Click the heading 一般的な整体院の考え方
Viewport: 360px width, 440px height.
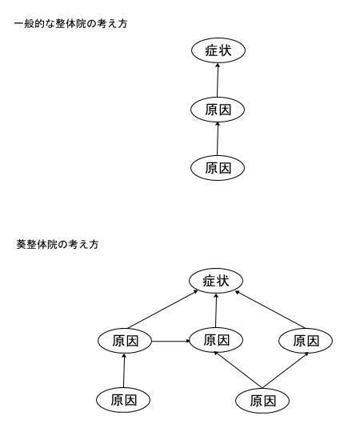click(x=70, y=23)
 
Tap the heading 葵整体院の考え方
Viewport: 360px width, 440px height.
click(x=58, y=244)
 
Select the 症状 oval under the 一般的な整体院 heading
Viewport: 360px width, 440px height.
click(x=218, y=50)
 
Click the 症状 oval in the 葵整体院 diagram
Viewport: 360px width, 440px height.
click(x=216, y=281)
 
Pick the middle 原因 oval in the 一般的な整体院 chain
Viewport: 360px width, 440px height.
click(x=218, y=110)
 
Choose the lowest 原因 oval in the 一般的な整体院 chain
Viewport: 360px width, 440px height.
click(x=218, y=168)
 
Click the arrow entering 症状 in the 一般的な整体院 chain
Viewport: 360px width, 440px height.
click(x=218, y=80)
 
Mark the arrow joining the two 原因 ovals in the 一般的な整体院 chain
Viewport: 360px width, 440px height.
click(x=218, y=139)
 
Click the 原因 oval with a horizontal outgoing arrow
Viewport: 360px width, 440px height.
click(x=125, y=341)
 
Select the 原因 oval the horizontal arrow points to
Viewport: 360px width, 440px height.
click(x=216, y=340)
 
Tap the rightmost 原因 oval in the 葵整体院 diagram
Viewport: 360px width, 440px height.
click(x=306, y=341)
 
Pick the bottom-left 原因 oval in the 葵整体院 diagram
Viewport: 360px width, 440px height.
click(x=123, y=400)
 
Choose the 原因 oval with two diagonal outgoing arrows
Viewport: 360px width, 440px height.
click(x=262, y=401)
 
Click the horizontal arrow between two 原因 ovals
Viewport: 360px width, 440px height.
click(x=171, y=342)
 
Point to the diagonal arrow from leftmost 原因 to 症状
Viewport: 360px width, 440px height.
click(x=163, y=310)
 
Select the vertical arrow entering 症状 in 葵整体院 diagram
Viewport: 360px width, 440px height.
click(x=216, y=310)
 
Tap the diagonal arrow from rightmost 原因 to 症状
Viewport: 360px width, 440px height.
click(x=270, y=310)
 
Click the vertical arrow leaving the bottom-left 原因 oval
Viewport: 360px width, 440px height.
click(x=124, y=370)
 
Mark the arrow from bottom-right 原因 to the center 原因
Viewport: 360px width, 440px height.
click(x=238, y=370)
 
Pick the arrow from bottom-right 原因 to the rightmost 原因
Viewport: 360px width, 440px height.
click(x=286, y=370)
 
